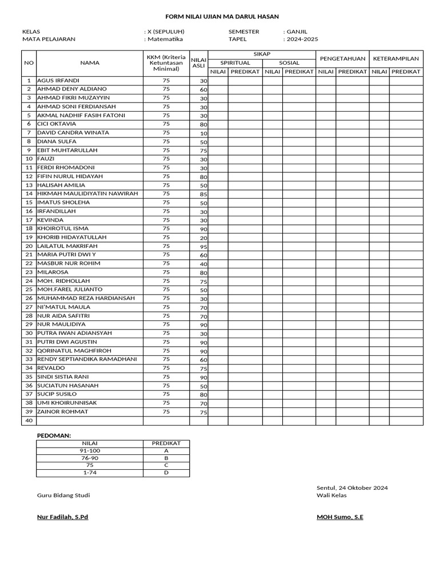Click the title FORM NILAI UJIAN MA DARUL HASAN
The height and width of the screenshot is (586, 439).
point(219,18)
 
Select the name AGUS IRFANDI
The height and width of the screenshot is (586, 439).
point(58,81)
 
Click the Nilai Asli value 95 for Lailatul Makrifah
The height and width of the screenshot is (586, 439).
point(203,247)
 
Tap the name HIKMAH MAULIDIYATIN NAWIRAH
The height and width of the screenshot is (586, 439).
point(87,194)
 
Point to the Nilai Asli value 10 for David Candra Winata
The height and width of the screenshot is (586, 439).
point(203,133)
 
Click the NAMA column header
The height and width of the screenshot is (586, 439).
point(89,63)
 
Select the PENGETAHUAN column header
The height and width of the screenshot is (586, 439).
point(342,58)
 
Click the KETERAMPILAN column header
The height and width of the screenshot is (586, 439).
point(396,58)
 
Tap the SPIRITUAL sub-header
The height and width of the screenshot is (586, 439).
point(235,63)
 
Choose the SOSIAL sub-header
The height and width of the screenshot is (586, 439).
point(289,63)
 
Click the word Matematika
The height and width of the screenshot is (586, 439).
point(165,39)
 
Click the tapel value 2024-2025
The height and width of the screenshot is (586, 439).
point(302,39)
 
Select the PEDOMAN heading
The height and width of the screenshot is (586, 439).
point(54,435)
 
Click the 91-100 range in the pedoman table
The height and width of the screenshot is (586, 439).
point(90,451)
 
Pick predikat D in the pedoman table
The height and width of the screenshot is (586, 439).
point(166,473)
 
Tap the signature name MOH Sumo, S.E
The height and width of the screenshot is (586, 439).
point(340,517)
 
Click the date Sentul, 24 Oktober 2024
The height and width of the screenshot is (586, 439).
point(352,488)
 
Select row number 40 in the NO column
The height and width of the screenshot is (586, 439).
point(29,421)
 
